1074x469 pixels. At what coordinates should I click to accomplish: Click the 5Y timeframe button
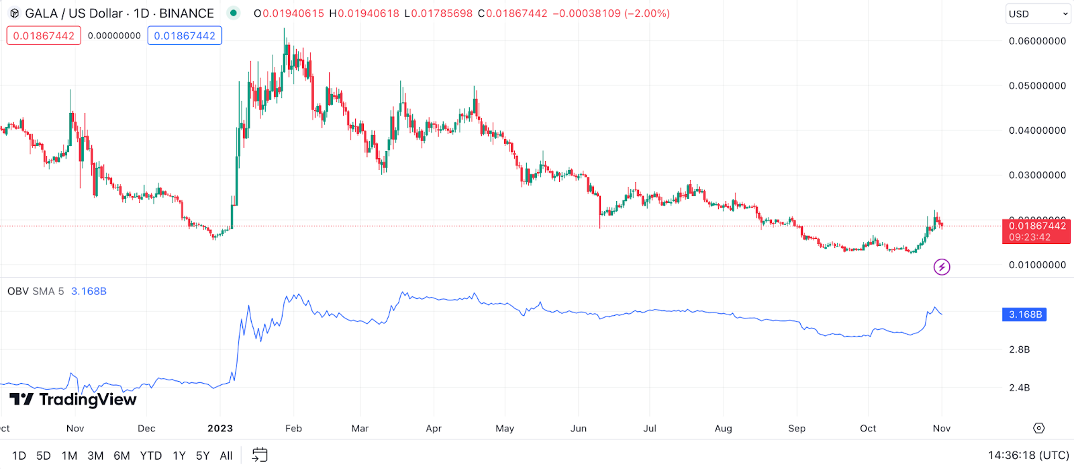(x=203, y=456)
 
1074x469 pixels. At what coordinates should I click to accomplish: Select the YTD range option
(x=151, y=456)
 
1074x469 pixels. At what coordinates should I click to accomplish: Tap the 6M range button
(x=121, y=456)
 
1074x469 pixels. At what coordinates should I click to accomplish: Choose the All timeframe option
(x=226, y=456)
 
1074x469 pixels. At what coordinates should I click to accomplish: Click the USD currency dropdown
(x=1038, y=13)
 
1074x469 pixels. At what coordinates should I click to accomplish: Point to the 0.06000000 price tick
(x=1037, y=41)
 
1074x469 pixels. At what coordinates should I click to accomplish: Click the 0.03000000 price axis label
(x=1037, y=175)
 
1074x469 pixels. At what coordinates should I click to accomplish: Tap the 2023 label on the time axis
(x=220, y=429)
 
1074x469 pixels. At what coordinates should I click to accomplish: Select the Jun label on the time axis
(x=579, y=429)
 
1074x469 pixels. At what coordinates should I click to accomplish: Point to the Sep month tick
(x=797, y=429)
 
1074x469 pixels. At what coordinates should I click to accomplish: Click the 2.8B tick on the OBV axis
(x=1019, y=349)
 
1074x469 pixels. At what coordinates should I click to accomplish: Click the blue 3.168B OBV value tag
(x=1024, y=314)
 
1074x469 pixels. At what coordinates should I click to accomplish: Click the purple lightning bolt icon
(x=942, y=267)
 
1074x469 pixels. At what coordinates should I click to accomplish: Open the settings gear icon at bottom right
(x=1039, y=428)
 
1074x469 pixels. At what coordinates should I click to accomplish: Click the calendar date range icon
(x=260, y=455)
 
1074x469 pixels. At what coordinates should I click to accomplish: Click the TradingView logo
(x=73, y=400)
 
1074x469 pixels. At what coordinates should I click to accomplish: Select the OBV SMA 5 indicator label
(x=36, y=292)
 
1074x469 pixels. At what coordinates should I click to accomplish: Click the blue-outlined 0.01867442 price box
(x=185, y=36)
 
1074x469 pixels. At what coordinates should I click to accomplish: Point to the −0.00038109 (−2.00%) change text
(x=611, y=13)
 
